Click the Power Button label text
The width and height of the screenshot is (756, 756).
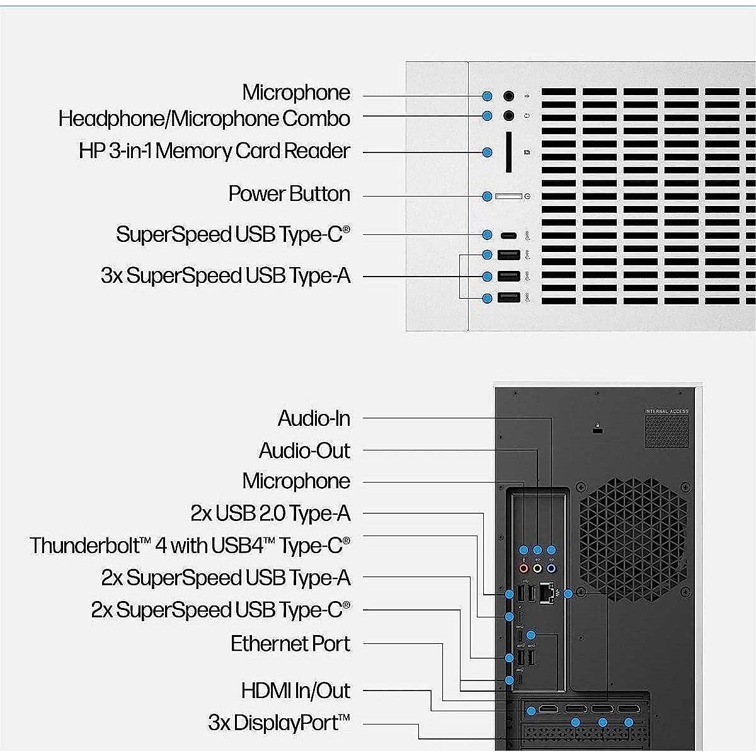289,194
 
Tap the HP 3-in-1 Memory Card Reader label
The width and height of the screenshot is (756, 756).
214,151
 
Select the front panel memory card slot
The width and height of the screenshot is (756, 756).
508,152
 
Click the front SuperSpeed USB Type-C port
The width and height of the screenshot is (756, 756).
508,235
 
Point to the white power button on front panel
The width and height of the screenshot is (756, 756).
508,197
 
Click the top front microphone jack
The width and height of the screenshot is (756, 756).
508,96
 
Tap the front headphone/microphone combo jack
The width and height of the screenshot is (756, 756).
508,116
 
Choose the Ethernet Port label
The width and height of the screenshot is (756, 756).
290,644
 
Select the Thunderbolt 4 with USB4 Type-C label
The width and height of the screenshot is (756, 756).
190,546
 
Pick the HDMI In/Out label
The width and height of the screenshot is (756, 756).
295,691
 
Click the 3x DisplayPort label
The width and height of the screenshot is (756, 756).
279,723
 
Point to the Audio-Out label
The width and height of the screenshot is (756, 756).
304,451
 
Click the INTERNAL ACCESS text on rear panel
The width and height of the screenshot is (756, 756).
667,411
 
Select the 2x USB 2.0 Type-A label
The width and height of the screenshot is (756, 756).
270,514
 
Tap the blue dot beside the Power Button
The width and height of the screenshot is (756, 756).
487,197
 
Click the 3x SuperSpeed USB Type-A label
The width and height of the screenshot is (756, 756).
226,276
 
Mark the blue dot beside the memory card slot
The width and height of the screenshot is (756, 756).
487,152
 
